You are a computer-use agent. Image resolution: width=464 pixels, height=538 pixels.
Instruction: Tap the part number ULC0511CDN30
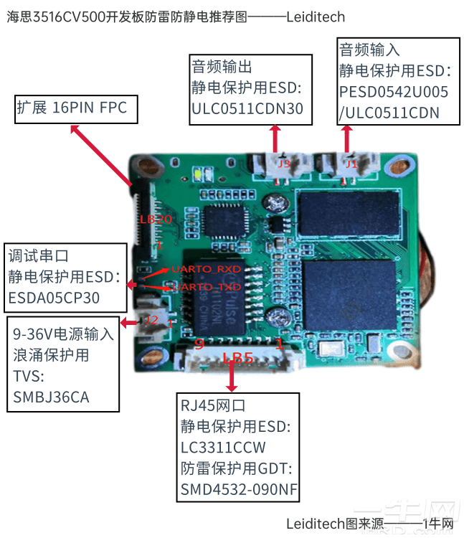click(247, 108)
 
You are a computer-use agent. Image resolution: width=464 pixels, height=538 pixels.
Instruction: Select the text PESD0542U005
click(394, 92)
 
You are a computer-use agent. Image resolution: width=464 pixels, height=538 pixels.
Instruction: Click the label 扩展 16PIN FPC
click(72, 108)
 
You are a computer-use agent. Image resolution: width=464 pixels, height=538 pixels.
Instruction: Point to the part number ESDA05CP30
click(55, 297)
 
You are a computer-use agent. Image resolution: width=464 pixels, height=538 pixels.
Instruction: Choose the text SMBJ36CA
click(52, 396)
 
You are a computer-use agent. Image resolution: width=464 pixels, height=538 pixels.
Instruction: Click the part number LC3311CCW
click(224, 448)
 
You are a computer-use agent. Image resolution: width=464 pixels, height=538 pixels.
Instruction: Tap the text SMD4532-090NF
click(240, 490)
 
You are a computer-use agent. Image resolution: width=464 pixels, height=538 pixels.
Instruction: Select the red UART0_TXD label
click(206, 287)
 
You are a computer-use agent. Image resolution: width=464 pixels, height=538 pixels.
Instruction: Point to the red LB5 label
click(237, 357)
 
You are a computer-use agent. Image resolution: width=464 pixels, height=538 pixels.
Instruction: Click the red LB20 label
click(155, 220)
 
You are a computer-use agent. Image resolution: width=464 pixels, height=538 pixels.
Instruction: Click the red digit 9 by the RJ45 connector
click(199, 345)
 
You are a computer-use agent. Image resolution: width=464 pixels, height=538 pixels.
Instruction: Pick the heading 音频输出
click(222, 67)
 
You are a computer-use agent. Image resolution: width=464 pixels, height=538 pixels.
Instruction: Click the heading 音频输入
click(369, 50)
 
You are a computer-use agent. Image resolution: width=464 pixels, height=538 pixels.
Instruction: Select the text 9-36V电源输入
click(64, 334)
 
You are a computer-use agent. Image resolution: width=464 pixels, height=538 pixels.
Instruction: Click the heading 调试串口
click(39, 255)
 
